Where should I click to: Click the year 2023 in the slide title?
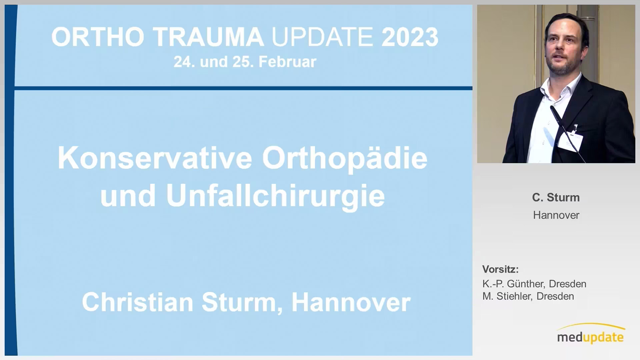(x=410, y=37)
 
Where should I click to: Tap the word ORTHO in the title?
(x=98, y=37)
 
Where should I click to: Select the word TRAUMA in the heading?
(x=209, y=37)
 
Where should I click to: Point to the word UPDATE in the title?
(x=322, y=37)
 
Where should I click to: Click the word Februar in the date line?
(x=287, y=62)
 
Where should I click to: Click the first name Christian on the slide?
(x=138, y=302)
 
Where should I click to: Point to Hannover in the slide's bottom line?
(x=351, y=302)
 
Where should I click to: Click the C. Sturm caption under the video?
(x=556, y=197)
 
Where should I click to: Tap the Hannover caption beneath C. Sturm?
(x=556, y=215)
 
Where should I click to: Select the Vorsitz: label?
(x=500, y=269)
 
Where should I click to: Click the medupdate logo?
(x=591, y=334)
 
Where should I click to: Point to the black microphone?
(x=567, y=133)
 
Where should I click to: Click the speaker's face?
(x=565, y=48)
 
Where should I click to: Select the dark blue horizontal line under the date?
(x=243, y=88)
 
